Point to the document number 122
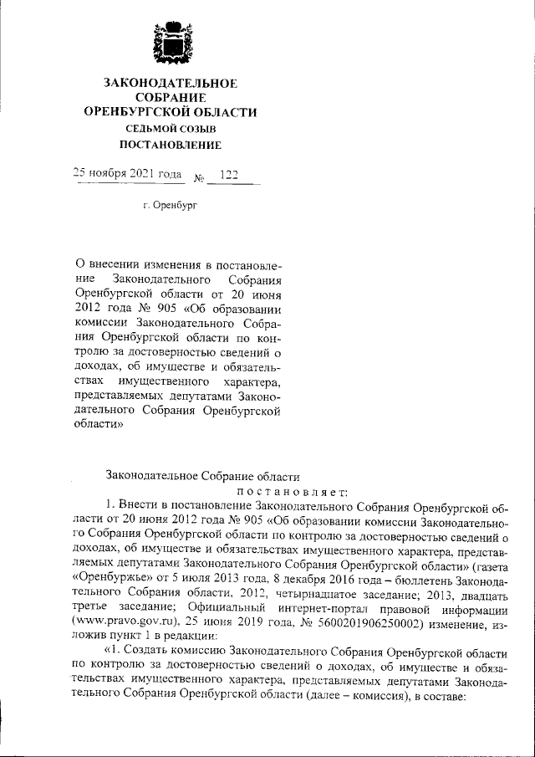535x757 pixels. coord(227,174)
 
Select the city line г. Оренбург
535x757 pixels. coord(170,205)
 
